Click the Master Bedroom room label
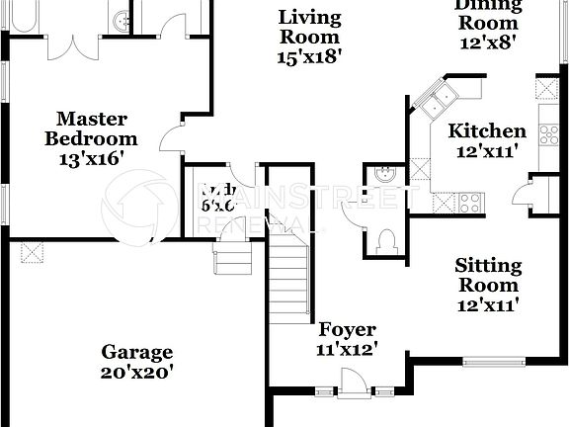pyautogui.click(x=91, y=128)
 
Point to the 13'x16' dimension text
pyautogui.click(x=91, y=157)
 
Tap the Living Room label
pyautogui.click(x=309, y=27)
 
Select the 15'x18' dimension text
pyautogui.click(x=309, y=56)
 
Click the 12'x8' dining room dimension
pyautogui.click(x=487, y=43)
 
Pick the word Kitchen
pyautogui.click(x=487, y=131)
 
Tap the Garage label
pyautogui.click(x=137, y=352)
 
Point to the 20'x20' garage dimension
pyautogui.click(x=137, y=373)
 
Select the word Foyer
pyautogui.click(x=346, y=330)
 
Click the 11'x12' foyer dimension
pyautogui.click(x=346, y=349)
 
